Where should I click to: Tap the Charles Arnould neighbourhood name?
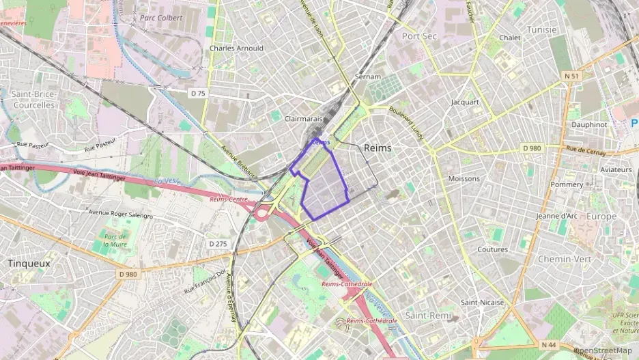[236, 49]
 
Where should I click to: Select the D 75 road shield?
[197, 92]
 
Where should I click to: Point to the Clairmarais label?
[303, 118]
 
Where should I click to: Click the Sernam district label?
[367, 77]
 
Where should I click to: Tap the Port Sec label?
[419, 36]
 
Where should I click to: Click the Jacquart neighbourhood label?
[465, 102]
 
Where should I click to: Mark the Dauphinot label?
[589, 125]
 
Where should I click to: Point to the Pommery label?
[567, 184]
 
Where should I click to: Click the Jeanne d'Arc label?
[558, 216]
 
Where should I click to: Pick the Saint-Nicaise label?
[482, 302]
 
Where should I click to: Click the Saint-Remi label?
[427, 316]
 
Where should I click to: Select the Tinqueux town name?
[29, 263]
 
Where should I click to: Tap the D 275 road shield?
[218, 244]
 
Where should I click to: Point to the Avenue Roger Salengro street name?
[121, 213]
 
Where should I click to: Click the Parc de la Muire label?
[115, 239]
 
